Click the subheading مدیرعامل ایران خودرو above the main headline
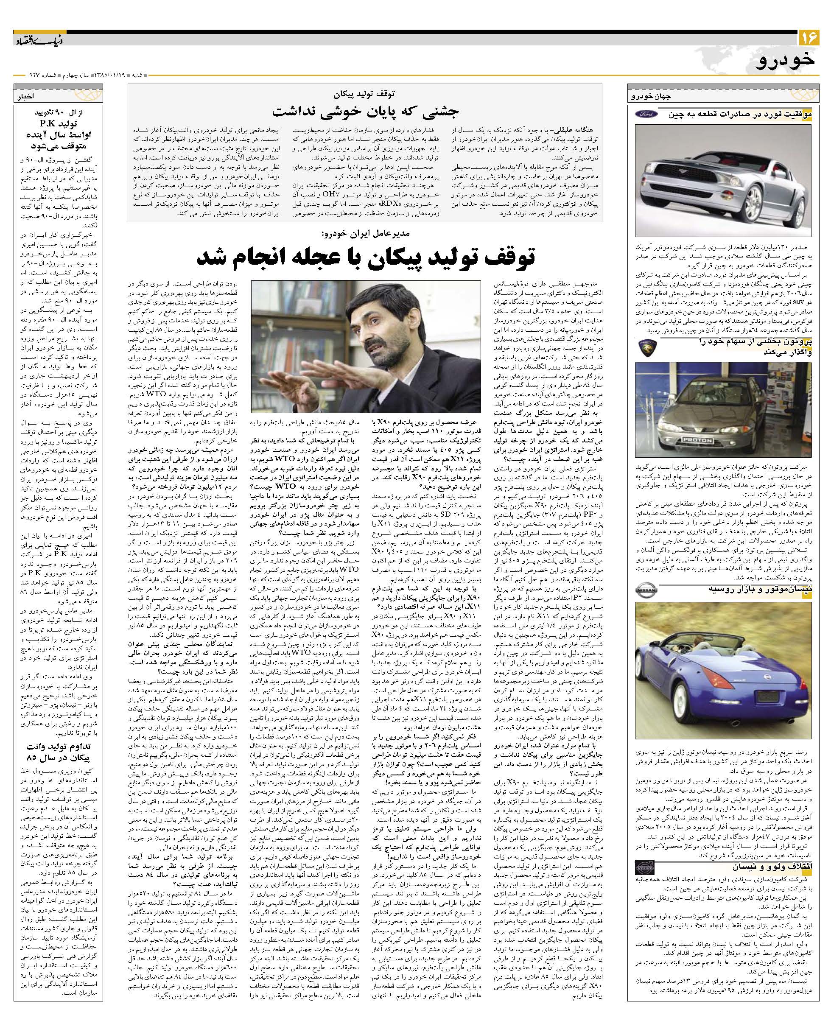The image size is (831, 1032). pyautogui.click(x=365, y=234)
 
